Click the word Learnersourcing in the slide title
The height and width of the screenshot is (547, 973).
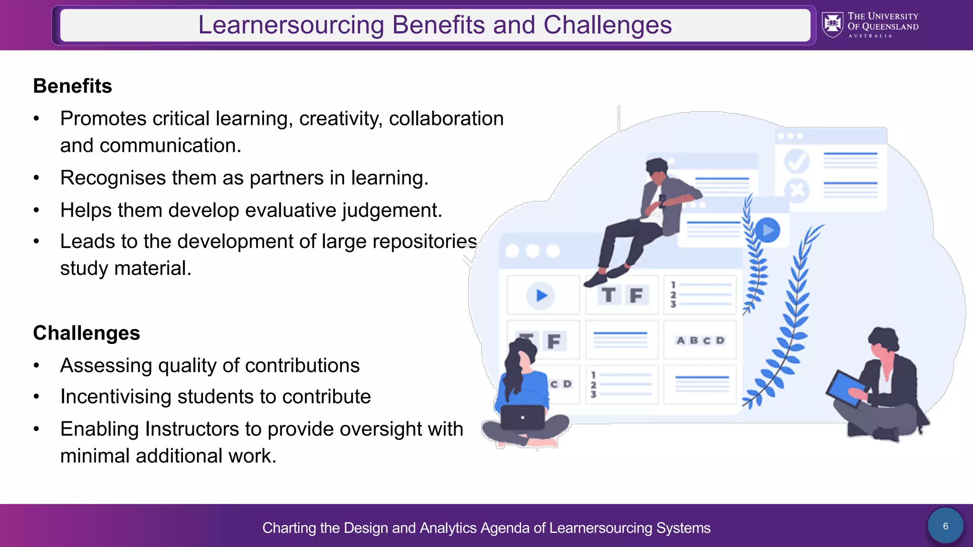pyautogui.click(x=291, y=25)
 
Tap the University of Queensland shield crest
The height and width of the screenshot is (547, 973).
pyautogui.click(x=833, y=25)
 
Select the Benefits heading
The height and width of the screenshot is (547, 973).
pyautogui.click(x=73, y=86)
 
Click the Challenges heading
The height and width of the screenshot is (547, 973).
pyautogui.click(x=86, y=333)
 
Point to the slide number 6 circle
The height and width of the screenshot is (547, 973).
pyautogui.click(x=945, y=526)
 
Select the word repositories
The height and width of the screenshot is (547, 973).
pyautogui.click(x=425, y=242)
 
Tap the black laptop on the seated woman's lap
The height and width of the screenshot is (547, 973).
pyautogui.click(x=523, y=417)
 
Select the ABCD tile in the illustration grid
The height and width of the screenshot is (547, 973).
pyautogui.click(x=700, y=340)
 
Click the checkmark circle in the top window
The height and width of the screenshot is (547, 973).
pyautogui.click(x=797, y=161)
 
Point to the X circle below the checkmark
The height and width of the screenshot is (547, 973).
pyautogui.click(x=797, y=190)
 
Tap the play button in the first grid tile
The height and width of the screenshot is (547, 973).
pyautogui.click(x=541, y=295)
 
